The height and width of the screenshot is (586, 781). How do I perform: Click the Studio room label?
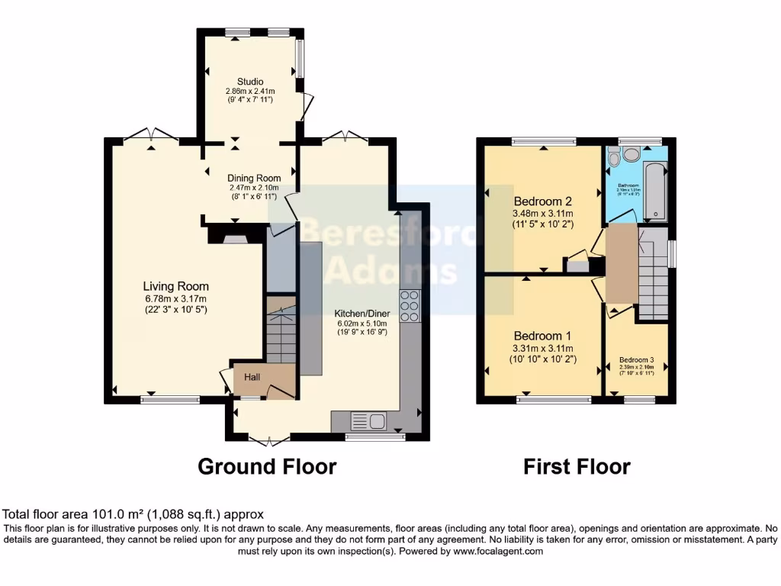[x=250, y=82]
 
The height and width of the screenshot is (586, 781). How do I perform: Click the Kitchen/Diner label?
[x=362, y=313]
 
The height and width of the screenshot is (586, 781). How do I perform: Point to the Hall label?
[x=253, y=377]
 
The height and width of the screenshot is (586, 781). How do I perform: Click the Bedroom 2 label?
[x=543, y=201]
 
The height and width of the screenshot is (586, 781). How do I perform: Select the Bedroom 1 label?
[x=543, y=336]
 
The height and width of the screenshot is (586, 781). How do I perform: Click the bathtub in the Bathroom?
[x=654, y=191]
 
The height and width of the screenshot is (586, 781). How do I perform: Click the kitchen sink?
[x=368, y=420]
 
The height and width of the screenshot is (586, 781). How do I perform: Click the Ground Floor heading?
[x=267, y=466]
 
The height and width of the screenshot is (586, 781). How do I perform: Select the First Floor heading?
[x=577, y=466]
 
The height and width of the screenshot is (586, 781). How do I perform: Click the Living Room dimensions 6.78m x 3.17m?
[x=177, y=299]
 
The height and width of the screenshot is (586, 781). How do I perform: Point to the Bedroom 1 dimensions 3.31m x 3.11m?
[x=543, y=349]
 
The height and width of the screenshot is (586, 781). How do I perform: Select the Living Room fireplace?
[x=236, y=237]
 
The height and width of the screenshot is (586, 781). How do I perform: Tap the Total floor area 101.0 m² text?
[x=133, y=515]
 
